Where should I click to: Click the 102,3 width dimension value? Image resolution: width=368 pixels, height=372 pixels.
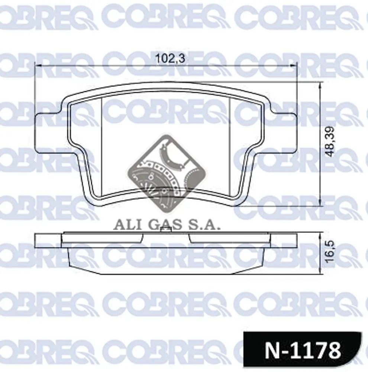(x=170, y=58)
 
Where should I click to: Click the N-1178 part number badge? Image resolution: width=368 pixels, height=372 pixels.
(x=303, y=350)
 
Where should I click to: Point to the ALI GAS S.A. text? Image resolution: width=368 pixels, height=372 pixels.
(x=167, y=225)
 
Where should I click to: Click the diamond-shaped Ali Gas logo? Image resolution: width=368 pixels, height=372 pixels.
(x=167, y=173)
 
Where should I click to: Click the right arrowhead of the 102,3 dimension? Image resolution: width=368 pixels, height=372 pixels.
(x=294, y=65)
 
